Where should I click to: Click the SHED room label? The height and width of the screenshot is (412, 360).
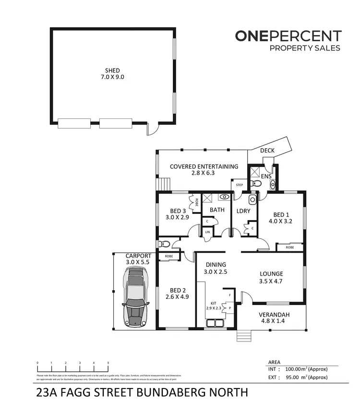[x=112, y=71]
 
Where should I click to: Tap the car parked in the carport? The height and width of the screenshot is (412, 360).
[x=136, y=297]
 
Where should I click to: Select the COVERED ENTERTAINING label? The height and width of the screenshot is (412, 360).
[x=204, y=166]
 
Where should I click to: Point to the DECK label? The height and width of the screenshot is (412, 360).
[x=267, y=151]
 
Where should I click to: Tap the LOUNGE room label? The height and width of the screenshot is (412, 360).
[x=271, y=274]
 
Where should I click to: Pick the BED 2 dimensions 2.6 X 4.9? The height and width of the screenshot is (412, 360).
[x=177, y=297]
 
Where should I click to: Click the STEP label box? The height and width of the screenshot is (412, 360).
[x=239, y=185]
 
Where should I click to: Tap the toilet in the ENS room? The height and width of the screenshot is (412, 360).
[x=257, y=183]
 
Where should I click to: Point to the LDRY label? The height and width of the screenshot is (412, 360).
[x=241, y=211]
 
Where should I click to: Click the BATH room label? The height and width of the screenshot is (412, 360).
[x=217, y=210]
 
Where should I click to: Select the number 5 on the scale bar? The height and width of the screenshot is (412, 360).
[x=108, y=363]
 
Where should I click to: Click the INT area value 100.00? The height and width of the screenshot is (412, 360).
[x=297, y=369]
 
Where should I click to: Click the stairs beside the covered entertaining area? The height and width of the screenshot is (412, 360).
[x=165, y=184]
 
